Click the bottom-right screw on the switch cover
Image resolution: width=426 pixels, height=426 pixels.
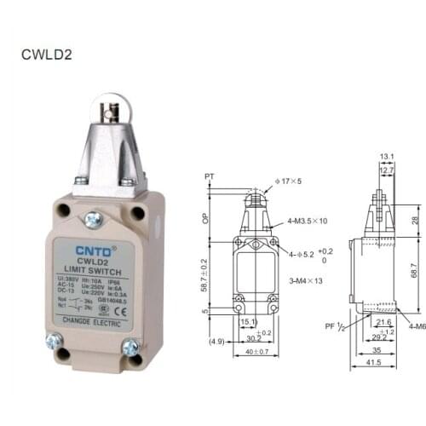[x=131, y=347]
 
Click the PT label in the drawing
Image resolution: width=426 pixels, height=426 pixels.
[x=210, y=176]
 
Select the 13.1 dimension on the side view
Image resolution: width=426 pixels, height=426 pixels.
[x=387, y=156]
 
